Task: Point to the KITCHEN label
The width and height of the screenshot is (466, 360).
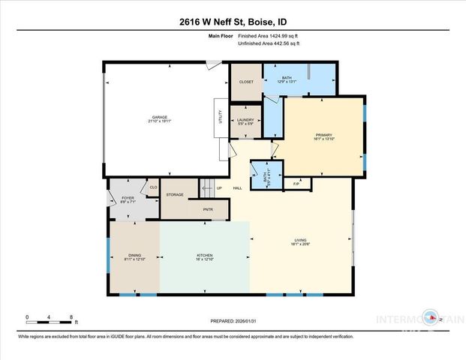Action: [x=205, y=256]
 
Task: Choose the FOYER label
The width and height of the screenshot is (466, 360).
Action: [x=127, y=199]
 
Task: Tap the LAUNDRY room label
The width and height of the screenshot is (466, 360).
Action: [x=245, y=121]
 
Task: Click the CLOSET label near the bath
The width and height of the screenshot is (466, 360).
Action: [x=246, y=81]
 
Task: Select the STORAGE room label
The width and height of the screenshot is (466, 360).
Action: [x=176, y=194]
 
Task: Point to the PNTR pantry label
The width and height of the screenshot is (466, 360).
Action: [x=208, y=211]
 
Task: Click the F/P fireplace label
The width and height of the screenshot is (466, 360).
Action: [x=296, y=182]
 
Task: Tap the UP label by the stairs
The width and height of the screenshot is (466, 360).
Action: [x=219, y=188]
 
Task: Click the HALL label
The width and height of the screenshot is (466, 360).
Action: [x=237, y=188]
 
